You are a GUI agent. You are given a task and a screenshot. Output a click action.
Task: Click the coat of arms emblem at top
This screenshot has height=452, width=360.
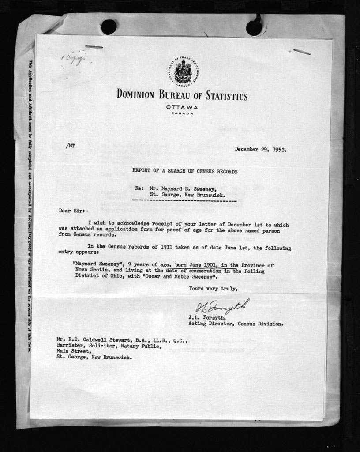coord(183,72)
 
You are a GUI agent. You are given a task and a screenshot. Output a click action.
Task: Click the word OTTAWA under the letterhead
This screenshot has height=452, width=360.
coord(182,107)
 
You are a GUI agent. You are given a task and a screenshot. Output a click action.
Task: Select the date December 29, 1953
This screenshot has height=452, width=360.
coord(260,149)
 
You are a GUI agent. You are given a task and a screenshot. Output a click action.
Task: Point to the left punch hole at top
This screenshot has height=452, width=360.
coord(109,27)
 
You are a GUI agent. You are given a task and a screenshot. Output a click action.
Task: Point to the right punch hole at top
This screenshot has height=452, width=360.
coord(254,28)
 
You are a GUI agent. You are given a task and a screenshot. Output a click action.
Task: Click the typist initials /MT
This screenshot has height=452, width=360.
coord(70,145)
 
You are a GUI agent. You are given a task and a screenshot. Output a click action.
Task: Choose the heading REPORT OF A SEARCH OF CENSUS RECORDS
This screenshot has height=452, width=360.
coord(185,171)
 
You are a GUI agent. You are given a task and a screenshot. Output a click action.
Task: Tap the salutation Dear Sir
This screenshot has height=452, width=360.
coord(73,211)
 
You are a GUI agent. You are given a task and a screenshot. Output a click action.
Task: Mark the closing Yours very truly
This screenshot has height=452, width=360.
coord(213,289)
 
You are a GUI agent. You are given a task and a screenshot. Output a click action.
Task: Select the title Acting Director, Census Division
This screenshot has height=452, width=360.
coord(236,324)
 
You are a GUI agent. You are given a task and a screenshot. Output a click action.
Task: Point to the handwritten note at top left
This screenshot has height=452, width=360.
coord(73,58)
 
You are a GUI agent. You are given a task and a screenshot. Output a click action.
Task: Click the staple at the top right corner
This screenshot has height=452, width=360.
coord(302,52)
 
